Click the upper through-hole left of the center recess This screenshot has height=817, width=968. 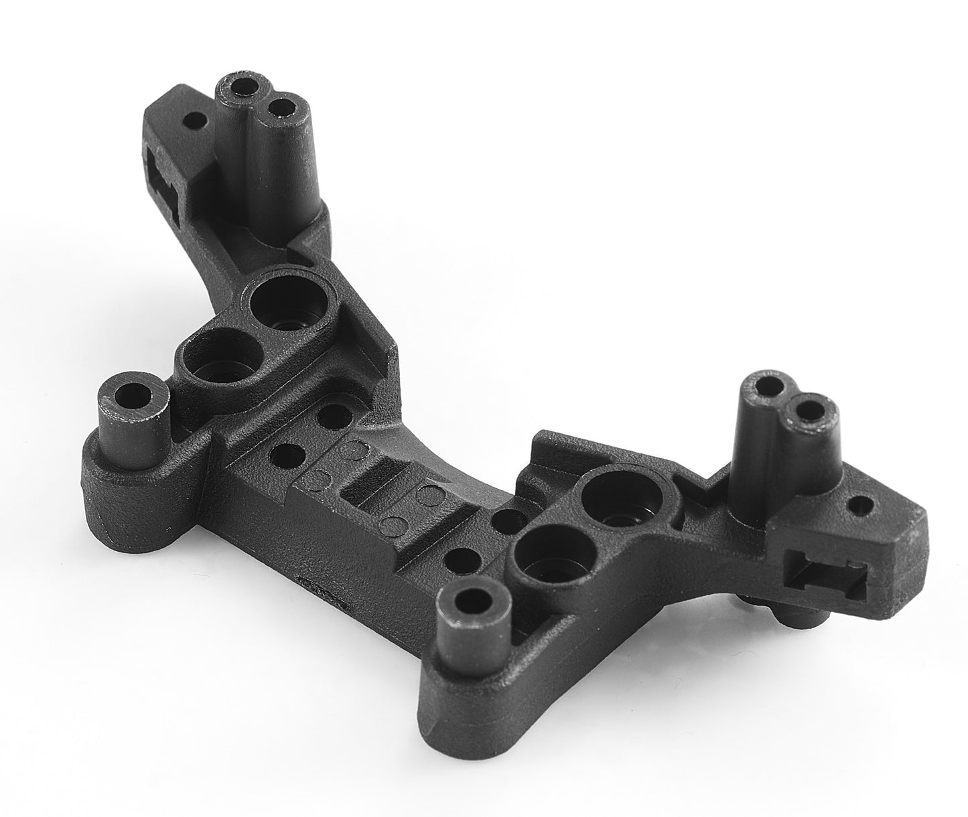pos(329,415)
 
